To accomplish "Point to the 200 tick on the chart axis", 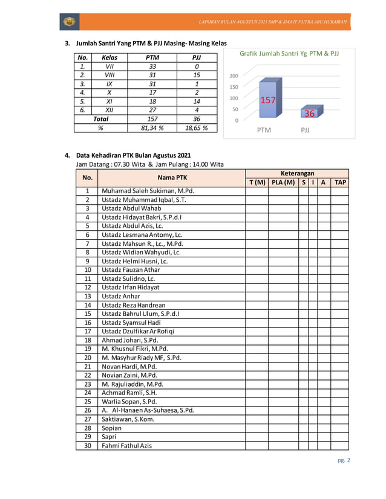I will [234, 76].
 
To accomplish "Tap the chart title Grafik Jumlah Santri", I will [289, 54].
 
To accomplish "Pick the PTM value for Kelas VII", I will [152, 66].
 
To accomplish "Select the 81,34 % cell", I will [152, 128].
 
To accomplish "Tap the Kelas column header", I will [109, 57].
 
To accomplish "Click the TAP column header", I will [341, 182].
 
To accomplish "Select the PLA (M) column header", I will [283, 182].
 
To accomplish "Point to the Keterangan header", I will [298, 173].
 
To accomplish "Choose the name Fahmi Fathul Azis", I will [126, 446].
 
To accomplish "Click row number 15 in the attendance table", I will [87, 314].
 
